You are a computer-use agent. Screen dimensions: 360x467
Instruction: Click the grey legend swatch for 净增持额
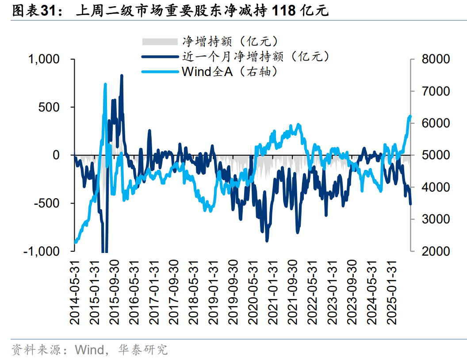159,42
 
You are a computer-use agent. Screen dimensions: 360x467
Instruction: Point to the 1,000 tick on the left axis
44,59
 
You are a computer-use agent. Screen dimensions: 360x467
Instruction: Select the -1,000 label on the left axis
42,251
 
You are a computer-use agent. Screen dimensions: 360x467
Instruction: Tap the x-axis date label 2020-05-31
254,292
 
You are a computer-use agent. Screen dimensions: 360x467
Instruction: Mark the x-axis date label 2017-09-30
174,292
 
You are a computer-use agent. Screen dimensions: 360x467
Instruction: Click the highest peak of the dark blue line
122,76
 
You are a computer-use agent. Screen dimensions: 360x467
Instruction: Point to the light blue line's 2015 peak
105,84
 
